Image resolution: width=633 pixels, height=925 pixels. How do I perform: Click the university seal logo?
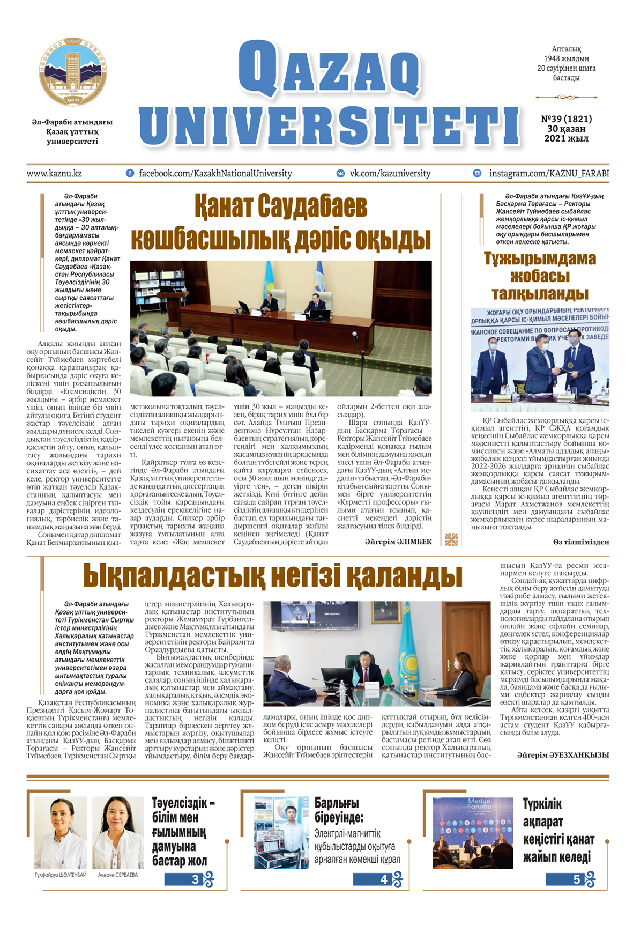click(73, 71)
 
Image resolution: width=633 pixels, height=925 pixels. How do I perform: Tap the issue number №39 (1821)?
click(566, 119)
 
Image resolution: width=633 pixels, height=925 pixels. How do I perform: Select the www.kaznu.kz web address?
click(54, 173)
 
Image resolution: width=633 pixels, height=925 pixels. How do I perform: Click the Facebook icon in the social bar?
click(130, 173)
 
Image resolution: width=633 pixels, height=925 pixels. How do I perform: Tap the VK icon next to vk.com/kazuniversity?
click(340, 173)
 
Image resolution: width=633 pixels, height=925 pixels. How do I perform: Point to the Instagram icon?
click(477, 173)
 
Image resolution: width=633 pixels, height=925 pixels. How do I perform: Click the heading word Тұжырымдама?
click(540, 258)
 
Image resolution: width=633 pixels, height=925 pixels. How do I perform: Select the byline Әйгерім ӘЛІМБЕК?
click(398, 542)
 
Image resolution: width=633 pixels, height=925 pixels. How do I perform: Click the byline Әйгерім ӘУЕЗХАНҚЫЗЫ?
click(563, 754)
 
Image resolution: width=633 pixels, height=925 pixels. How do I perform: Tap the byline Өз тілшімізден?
click(581, 542)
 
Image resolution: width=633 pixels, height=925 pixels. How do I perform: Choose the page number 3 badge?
click(195, 879)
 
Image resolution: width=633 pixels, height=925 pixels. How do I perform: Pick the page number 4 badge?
click(384, 879)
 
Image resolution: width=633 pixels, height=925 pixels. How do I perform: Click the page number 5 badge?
click(577, 879)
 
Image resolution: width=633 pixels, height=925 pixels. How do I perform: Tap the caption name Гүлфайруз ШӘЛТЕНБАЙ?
click(60, 875)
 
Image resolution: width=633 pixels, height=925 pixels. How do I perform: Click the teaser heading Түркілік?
click(542, 804)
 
